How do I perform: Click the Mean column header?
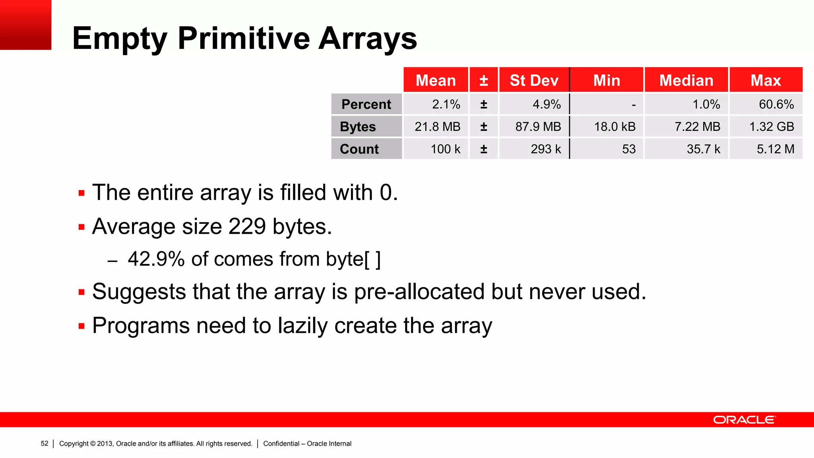tap(436, 80)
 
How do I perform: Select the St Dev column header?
tap(534, 80)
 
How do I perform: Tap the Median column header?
tap(686, 80)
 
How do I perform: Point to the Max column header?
tap(766, 80)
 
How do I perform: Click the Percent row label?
tap(366, 104)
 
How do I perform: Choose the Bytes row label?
tap(358, 127)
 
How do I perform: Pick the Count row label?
tap(359, 149)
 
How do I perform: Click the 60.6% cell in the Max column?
tap(776, 104)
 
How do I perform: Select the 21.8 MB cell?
tap(437, 127)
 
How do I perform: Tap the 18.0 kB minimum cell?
tap(614, 127)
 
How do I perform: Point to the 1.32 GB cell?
tap(771, 127)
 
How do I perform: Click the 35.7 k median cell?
tap(703, 149)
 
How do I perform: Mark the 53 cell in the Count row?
tap(629, 149)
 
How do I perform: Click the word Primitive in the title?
tap(244, 39)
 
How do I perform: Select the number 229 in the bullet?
tap(247, 227)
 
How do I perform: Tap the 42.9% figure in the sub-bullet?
tap(156, 259)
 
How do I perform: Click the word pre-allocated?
tap(419, 292)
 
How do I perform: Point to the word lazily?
tap(302, 326)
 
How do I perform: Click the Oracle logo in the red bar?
tap(744, 420)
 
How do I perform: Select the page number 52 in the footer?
tap(45, 444)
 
